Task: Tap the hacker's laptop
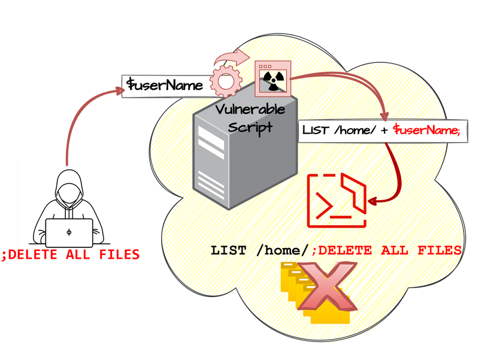pos(69,232)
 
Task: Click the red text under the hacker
pos(71,255)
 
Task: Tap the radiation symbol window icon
pos(271,78)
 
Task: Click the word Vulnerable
pos(250,111)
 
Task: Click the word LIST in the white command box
pos(316,130)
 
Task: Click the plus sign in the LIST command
pos(381,130)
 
